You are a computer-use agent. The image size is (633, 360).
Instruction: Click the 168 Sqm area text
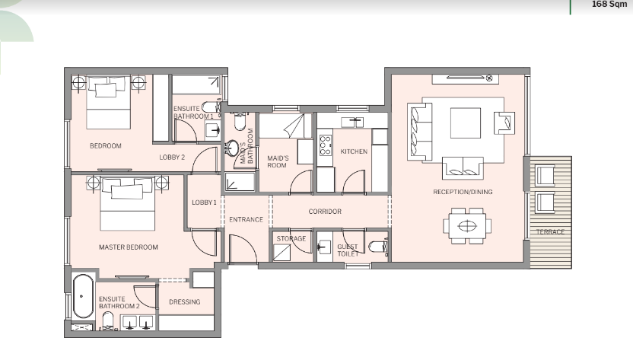pos(609,5)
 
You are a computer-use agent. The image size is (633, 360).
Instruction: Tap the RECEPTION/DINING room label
pos(463,192)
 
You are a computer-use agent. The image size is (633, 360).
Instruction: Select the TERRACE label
pos(550,232)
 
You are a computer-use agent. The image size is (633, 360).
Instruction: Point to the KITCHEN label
pos(354,151)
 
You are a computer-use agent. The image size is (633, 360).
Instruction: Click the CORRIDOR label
pos(325,212)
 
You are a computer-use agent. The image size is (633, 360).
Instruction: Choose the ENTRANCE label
pos(246,219)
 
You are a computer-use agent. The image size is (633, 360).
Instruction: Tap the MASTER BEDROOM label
pos(129,247)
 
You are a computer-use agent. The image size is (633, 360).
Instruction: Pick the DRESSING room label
pos(184,302)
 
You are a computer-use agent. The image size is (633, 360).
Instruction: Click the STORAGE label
pos(291,239)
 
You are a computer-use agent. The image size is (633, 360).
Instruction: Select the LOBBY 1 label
pos(204,202)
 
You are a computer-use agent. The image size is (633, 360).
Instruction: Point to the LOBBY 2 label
pos(172,158)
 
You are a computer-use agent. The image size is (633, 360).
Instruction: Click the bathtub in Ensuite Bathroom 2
pos(83,296)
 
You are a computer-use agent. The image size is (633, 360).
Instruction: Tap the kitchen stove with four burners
pos(326,145)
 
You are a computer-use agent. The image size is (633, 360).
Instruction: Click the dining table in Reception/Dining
pos(467,226)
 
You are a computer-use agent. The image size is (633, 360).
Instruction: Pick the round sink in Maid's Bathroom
pos(232,148)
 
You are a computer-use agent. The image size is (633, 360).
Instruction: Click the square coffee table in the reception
pos(466,123)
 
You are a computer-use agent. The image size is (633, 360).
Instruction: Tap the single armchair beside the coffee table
pos(504,123)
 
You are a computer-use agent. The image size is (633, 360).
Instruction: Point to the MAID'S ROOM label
pos(278,161)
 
